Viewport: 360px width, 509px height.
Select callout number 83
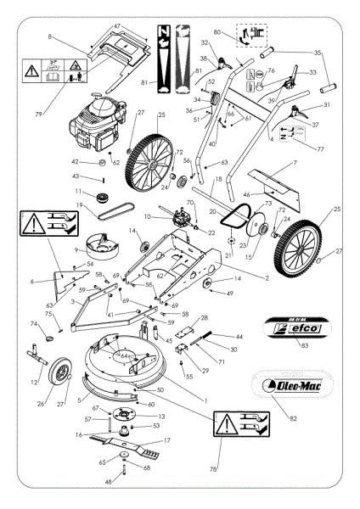pyautogui.click(x=293, y=345)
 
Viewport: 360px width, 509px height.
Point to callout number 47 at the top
pyautogui.click(x=116, y=28)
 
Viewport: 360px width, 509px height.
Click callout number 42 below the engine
pyautogui.click(x=76, y=161)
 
